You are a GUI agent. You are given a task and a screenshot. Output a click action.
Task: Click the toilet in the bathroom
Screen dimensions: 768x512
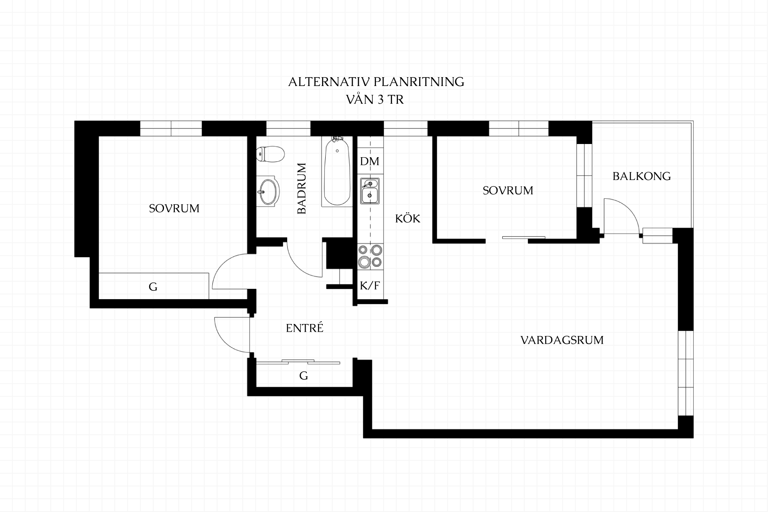[x=270, y=154]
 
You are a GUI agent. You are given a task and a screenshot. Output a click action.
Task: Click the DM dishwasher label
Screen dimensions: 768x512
[x=370, y=161]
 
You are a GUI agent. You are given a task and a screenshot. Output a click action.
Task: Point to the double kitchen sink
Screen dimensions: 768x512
[x=370, y=191]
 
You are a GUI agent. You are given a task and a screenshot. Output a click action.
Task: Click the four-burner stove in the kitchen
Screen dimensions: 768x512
[x=370, y=256]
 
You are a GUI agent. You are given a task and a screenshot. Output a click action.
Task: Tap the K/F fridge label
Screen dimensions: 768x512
[x=370, y=286]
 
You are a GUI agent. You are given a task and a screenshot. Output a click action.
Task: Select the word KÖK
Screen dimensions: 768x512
[x=408, y=218]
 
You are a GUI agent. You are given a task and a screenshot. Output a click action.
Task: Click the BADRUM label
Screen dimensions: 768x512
[x=302, y=188]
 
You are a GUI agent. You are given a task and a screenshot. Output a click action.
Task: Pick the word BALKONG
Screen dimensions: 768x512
[x=642, y=176]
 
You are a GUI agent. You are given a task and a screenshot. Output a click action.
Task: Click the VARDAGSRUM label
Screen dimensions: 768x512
[x=562, y=340]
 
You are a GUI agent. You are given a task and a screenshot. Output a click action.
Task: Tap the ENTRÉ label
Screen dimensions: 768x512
[x=304, y=328]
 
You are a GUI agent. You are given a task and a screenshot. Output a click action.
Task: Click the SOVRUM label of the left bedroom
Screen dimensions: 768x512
[x=174, y=208]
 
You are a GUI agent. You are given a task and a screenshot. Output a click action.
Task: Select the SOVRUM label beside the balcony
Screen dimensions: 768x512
[x=508, y=190]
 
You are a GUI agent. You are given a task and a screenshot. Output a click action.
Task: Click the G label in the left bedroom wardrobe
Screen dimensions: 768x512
[x=153, y=286]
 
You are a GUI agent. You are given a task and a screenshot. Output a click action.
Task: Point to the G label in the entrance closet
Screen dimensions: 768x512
[x=304, y=376]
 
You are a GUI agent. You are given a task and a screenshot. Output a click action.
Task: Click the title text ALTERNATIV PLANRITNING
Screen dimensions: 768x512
[x=376, y=82]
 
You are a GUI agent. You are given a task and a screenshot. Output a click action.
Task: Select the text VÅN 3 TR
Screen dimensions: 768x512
[x=375, y=100]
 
